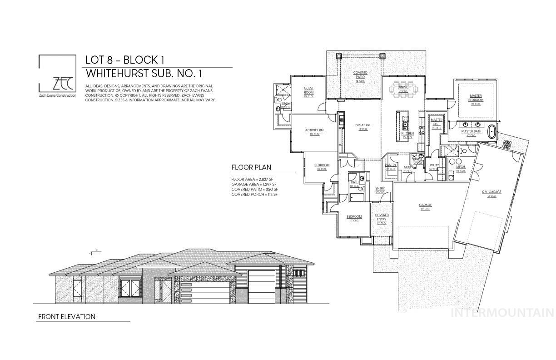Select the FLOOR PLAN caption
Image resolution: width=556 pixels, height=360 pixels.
coord(251,167)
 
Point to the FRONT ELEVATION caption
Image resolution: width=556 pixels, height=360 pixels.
coord(67,317)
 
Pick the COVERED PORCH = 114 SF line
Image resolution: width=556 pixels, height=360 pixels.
coord(254,195)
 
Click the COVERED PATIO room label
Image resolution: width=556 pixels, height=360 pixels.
coord(360,75)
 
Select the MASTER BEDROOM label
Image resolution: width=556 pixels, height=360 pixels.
coord(476,98)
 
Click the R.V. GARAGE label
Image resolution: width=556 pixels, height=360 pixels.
coord(492,192)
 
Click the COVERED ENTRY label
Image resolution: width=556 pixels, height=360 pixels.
coord(382,217)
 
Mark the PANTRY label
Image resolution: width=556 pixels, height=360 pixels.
coord(391,165)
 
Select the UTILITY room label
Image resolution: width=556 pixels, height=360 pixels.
coord(434,165)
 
